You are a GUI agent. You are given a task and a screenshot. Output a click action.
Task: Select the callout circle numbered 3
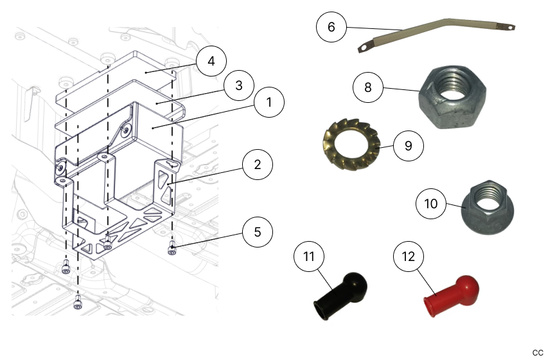238,85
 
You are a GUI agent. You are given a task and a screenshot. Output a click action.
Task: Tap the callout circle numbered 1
270,102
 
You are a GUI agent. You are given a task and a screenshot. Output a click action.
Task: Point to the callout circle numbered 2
257,165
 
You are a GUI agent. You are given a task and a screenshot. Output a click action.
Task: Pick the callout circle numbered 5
257,231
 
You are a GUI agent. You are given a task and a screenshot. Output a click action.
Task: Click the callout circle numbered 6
331,28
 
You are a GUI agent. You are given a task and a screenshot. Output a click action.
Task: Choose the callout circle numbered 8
368,87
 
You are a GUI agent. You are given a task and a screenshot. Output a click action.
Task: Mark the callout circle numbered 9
408,145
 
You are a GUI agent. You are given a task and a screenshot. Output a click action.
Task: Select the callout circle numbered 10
430,204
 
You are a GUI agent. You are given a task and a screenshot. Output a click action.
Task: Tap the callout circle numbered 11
309,257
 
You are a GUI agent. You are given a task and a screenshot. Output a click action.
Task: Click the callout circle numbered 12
409,257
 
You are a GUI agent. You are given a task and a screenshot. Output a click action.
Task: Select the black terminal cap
339,294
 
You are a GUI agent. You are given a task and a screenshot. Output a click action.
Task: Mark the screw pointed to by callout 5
172,249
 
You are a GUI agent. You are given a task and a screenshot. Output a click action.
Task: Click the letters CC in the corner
538,352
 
